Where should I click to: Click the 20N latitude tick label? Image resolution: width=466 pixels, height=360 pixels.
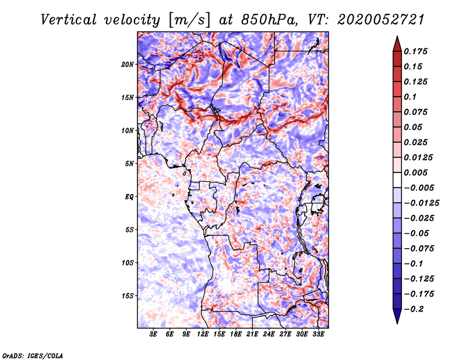[128, 65]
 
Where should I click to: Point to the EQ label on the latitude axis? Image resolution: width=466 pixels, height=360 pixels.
[129, 197]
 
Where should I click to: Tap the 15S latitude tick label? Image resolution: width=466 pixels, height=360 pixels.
[128, 296]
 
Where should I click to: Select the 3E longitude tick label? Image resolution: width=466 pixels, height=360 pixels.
[153, 334]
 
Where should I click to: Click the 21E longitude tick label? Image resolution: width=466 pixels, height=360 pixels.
[252, 334]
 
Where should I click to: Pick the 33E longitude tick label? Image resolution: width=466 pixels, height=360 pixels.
[318, 334]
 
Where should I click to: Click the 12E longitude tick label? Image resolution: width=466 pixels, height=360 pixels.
[203, 334]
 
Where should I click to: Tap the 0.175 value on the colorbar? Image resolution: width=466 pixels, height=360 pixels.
[416, 51]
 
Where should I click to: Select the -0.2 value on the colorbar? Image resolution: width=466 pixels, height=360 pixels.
[414, 309]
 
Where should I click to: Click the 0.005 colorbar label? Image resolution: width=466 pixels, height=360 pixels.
[416, 172]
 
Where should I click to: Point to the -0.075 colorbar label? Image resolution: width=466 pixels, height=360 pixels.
[419, 249]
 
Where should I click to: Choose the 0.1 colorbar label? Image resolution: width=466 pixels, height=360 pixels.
[410, 97]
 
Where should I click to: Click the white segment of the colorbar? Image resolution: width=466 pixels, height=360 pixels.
[397, 180]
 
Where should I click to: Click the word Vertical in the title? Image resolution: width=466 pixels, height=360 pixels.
[69, 20]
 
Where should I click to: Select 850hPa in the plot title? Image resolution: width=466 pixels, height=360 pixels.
[269, 20]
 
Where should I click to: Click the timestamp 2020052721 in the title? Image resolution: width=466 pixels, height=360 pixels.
[381, 20]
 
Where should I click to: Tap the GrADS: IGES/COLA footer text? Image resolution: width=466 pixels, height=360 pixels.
[33, 356]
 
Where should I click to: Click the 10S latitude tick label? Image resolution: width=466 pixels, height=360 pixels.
[128, 263]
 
